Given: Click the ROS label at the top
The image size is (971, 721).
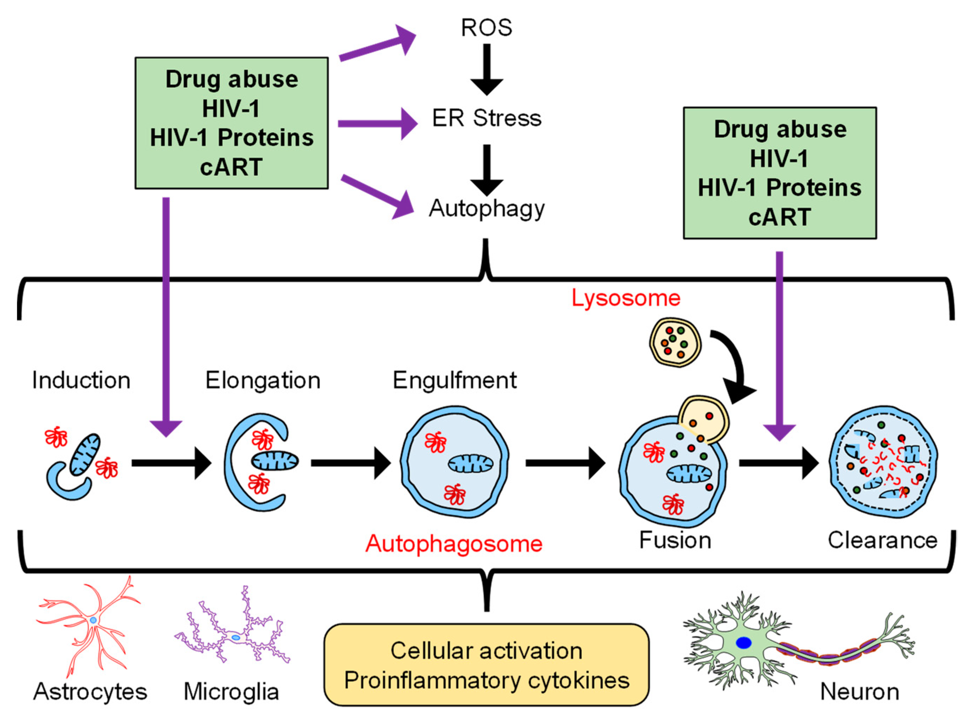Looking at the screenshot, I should pyautogui.click(x=486, y=28).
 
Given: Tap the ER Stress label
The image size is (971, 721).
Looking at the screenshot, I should pyautogui.click(x=486, y=118).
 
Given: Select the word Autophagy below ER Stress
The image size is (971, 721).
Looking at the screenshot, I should pyautogui.click(x=486, y=209).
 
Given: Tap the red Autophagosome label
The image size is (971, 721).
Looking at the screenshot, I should pyautogui.click(x=454, y=544).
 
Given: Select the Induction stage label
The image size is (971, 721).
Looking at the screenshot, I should pyautogui.click(x=81, y=380).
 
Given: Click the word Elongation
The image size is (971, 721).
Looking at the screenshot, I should pyautogui.click(x=263, y=380).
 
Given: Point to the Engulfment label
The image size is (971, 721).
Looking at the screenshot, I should pyautogui.click(x=454, y=380).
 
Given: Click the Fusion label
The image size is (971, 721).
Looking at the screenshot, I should pyautogui.click(x=675, y=540).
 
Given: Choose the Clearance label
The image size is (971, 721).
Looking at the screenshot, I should pyautogui.click(x=882, y=540).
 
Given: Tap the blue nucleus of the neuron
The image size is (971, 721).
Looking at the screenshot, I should pyautogui.click(x=743, y=642).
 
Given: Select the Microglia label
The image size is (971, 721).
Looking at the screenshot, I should pyautogui.click(x=231, y=692).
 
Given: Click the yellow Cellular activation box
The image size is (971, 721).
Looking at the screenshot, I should pyautogui.click(x=486, y=665).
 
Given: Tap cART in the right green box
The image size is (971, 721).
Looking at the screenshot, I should pyautogui.click(x=779, y=217).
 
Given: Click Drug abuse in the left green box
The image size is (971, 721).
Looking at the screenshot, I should pyautogui.click(x=232, y=80).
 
